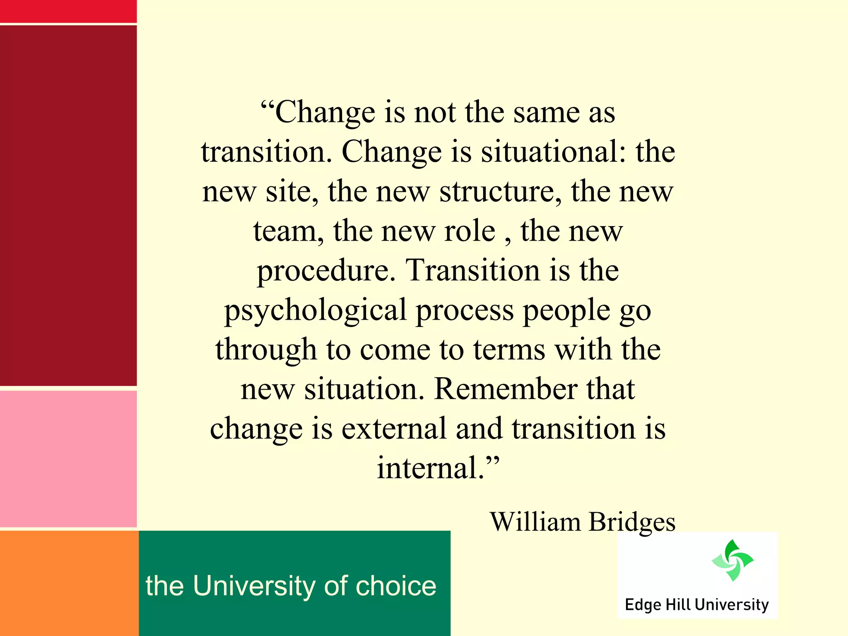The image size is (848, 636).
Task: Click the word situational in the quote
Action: coord(549,152)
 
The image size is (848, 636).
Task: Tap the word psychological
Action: coord(316,311)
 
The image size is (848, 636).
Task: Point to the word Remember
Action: coord(506,389)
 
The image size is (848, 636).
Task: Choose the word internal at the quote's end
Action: coord(431,468)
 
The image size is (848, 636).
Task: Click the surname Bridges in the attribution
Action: coord(632,522)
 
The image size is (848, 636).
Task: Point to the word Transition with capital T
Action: coord(472,270)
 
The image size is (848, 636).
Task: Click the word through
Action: coord(266,350)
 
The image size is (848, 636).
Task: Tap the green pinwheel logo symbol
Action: coord(732,560)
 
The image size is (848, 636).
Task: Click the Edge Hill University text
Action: coord(696,605)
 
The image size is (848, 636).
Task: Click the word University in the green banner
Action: coord(254,586)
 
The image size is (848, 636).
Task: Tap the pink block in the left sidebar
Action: coord(68,459)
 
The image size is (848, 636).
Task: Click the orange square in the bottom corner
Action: coord(69,583)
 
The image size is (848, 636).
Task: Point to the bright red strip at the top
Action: coord(68,11)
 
